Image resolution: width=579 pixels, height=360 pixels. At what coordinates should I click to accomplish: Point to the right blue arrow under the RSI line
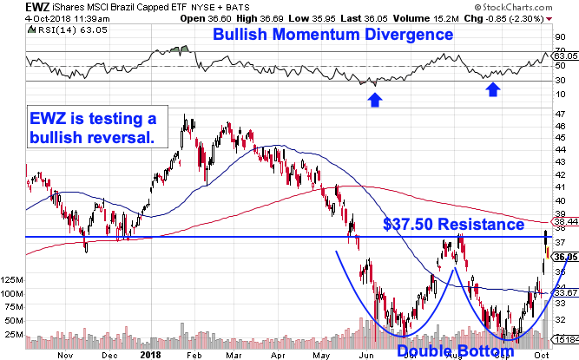point(492,89)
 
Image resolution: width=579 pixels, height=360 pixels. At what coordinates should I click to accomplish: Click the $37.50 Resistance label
point(455,225)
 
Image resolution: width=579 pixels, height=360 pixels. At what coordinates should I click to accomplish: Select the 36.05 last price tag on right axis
point(565,257)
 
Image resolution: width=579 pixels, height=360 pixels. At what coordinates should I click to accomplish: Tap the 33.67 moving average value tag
point(565,292)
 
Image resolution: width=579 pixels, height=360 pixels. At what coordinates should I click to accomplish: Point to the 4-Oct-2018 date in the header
point(23,17)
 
